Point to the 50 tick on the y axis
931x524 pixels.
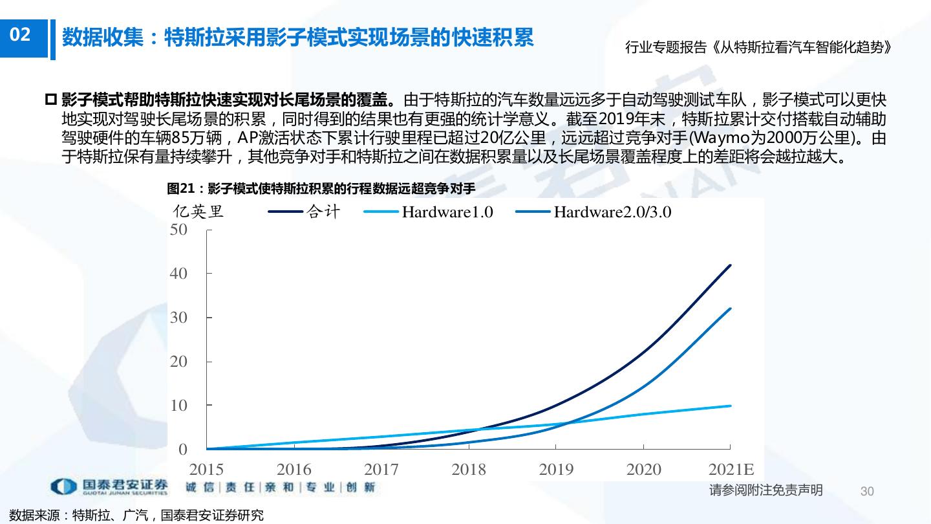[x=178, y=230]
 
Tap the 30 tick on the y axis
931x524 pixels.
[x=178, y=318]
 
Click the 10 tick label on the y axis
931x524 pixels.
[x=178, y=406]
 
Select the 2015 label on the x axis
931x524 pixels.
[x=206, y=469]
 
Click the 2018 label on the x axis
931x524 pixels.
[x=468, y=469]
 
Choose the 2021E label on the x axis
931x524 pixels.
[x=731, y=469]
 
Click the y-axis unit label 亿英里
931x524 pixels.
[x=198, y=212]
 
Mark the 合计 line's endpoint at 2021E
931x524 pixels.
[x=730, y=265]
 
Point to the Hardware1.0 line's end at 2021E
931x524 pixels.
[x=730, y=406]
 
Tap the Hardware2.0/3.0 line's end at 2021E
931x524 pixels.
[x=730, y=309]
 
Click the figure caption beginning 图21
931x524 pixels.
[x=321, y=189]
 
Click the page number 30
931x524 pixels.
[x=867, y=491]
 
